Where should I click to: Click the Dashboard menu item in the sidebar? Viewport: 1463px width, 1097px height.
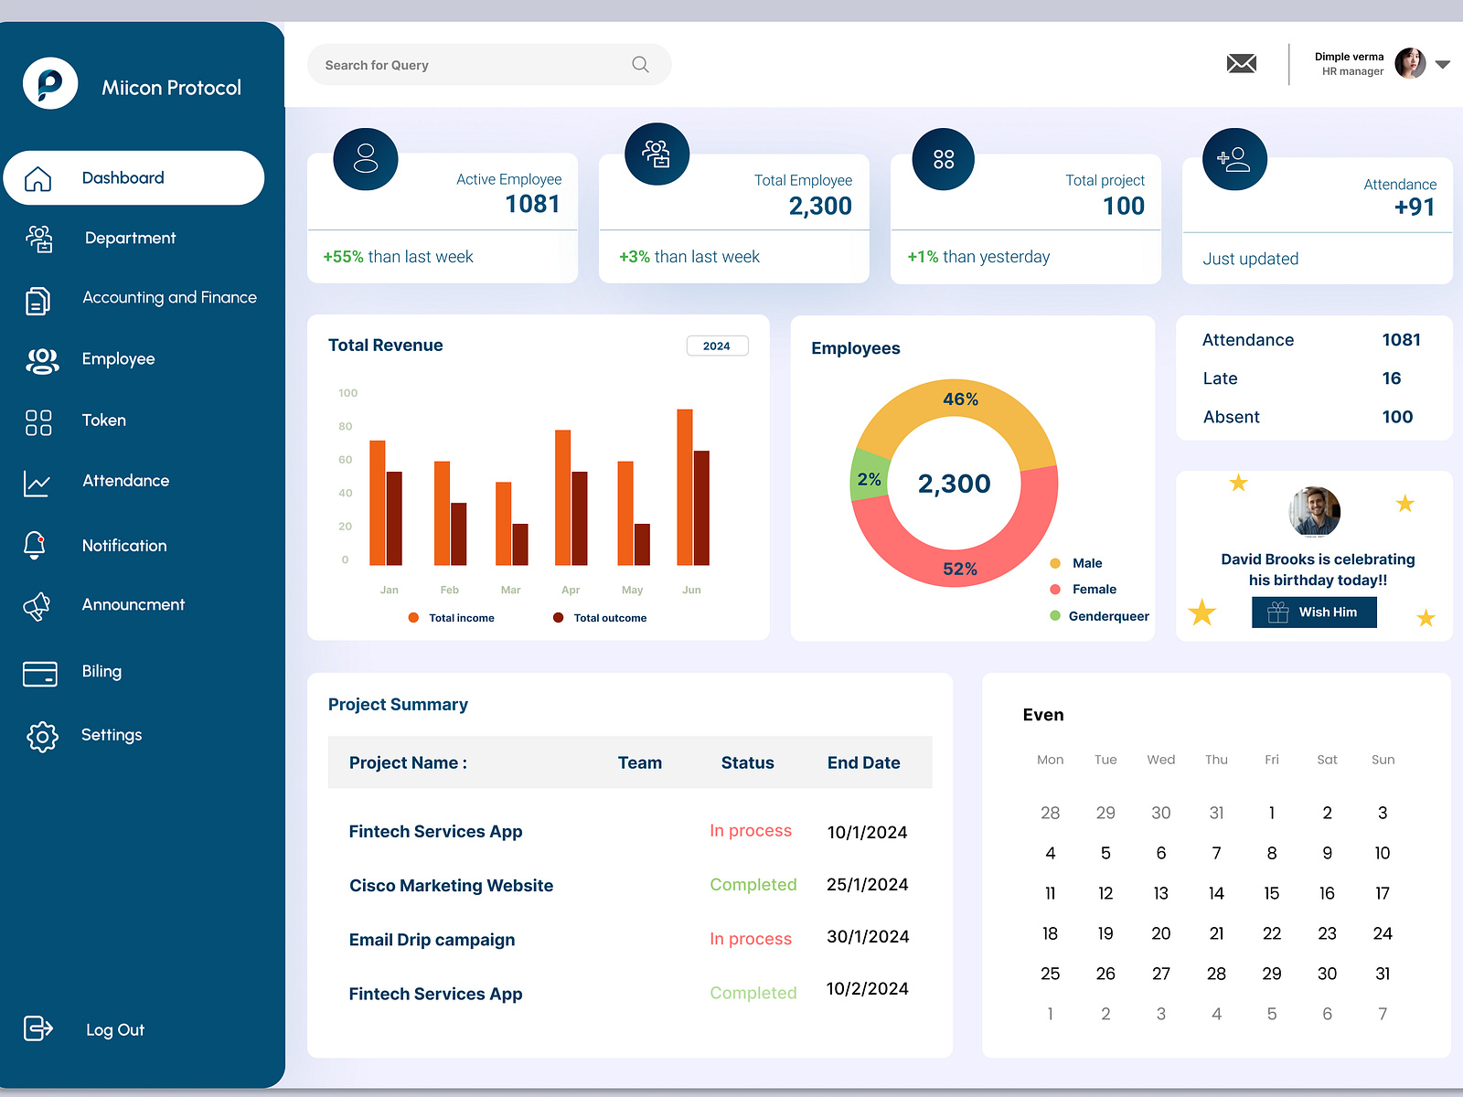click(x=123, y=178)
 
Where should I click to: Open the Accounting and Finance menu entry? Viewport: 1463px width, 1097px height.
click(x=169, y=298)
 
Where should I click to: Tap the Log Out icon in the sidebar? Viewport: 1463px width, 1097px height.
click(x=38, y=1028)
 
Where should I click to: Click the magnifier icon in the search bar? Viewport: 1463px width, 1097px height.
click(x=640, y=65)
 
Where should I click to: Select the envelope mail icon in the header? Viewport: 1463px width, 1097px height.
click(x=1241, y=64)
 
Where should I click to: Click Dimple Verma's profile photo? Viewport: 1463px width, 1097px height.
click(x=1409, y=64)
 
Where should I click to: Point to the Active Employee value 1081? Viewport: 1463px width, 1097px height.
click(x=532, y=204)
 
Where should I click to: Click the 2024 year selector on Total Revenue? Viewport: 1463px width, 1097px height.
click(x=717, y=346)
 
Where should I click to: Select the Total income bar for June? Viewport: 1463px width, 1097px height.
click(x=684, y=486)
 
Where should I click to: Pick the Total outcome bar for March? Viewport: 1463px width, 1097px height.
click(x=520, y=544)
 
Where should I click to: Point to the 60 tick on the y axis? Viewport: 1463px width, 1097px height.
click(x=346, y=460)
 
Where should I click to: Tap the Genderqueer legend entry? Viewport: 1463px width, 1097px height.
click(x=1108, y=616)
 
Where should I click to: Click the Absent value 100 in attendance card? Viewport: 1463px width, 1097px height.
click(x=1396, y=417)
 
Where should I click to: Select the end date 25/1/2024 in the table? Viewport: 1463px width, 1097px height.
click(x=867, y=884)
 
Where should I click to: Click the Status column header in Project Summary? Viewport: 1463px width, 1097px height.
click(x=747, y=762)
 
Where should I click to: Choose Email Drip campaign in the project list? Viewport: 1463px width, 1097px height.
click(x=432, y=940)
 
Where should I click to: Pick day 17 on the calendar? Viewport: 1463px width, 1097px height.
click(x=1382, y=893)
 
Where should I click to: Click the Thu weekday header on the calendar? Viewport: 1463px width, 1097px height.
click(x=1215, y=760)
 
